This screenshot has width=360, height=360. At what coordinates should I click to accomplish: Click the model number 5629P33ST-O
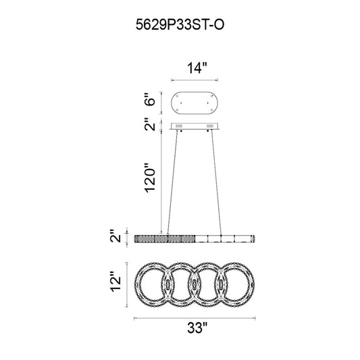click(180, 24)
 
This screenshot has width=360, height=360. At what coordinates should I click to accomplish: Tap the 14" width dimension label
click(197, 68)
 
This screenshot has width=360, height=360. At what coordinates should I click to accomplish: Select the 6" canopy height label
click(150, 99)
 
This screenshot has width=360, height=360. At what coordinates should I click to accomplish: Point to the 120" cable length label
click(150, 178)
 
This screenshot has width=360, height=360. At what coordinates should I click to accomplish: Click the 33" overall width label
click(197, 328)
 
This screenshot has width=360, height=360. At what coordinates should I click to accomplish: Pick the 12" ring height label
click(115, 282)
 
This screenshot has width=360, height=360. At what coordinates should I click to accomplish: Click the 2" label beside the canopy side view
click(150, 125)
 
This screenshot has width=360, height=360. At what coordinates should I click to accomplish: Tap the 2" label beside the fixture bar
click(115, 236)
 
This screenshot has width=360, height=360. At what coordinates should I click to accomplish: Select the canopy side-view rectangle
click(195, 126)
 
